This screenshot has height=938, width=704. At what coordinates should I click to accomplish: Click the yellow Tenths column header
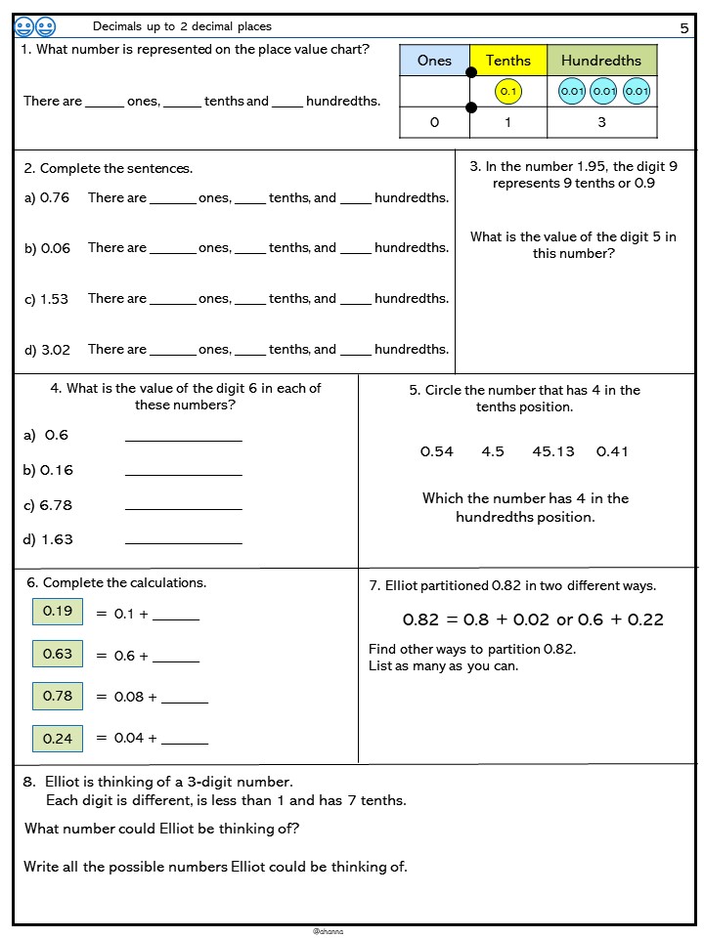(x=508, y=61)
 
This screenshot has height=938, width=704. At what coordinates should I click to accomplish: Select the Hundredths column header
(x=601, y=61)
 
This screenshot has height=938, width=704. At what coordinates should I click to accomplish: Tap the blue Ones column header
(x=434, y=61)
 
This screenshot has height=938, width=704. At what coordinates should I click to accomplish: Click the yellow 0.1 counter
(x=507, y=92)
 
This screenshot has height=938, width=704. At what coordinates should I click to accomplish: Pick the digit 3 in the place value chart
(x=601, y=122)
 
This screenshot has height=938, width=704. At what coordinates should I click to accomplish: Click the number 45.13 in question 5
(x=553, y=451)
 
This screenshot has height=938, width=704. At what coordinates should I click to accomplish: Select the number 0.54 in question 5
(x=437, y=451)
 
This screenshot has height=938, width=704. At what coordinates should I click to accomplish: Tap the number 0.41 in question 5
(x=612, y=451)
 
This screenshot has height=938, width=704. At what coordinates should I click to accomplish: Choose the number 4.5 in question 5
(x=493, y=451)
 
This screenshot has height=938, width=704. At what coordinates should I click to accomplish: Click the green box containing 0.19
(x=58, y=612)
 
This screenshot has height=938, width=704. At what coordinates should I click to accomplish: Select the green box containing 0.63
(x=58, y=654)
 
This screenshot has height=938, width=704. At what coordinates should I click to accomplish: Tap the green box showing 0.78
(x=58, y=696)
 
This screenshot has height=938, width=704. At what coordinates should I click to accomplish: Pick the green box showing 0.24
(x=58, y=738)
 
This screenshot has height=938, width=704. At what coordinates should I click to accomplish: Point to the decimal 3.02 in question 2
(x=55, y=349)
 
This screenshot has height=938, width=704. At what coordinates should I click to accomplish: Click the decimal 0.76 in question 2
(x=55, y=197)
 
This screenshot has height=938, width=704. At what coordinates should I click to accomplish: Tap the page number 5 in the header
(x=684, y=28)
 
